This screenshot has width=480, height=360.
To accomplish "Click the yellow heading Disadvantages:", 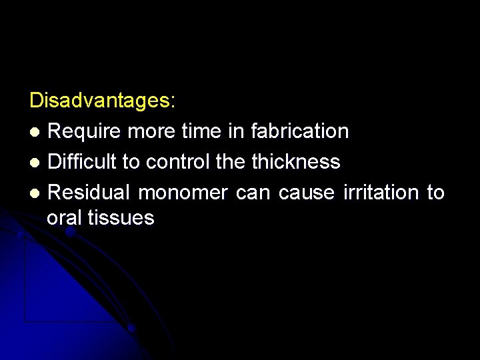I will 103,101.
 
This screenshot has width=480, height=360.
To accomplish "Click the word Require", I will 85,131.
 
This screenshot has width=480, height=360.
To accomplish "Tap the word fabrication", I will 299,131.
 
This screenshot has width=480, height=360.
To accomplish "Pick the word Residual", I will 90,193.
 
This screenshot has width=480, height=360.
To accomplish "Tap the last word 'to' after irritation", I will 435,193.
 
